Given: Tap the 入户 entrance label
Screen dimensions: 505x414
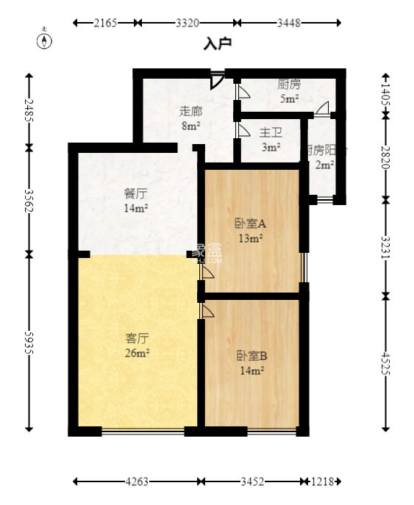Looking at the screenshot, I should point(218,44).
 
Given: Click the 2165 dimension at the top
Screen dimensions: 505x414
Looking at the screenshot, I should point(106,24).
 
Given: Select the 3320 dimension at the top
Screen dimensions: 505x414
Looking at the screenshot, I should point(188,24).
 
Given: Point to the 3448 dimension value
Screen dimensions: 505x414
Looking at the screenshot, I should point(288,24).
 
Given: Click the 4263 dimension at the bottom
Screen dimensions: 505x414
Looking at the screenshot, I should point(137,482).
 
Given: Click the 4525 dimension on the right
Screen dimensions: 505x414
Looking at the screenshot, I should point(386,363).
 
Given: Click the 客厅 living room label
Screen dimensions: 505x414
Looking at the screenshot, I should point(138,339).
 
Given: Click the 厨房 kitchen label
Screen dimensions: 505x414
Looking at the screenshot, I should point(288,85).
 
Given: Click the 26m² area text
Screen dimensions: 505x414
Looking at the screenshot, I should point(138,353).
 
